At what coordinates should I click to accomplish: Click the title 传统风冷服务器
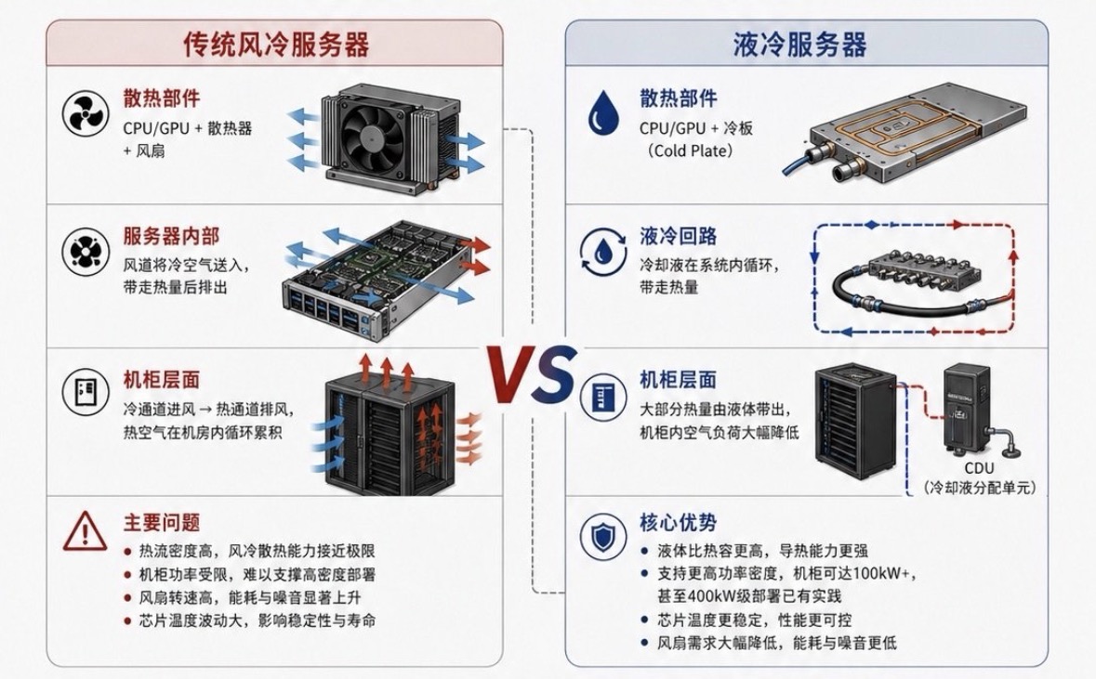tap(275, 44)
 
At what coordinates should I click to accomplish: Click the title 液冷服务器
tap(800, 44)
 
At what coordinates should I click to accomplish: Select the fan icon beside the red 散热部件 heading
tap(86, 113)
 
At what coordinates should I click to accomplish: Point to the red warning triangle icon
tap(85, 531)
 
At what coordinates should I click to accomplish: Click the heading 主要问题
tap(162, 523)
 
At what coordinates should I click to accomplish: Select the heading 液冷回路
tap(678, 236)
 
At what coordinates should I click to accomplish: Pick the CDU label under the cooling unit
tap(979, 469)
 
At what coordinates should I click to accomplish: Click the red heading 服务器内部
tap(171, 236)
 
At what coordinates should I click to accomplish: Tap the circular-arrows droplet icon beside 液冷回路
tap(602, 251)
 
